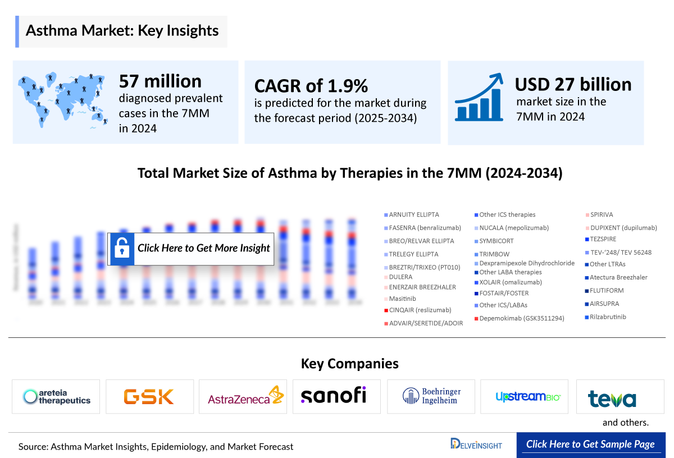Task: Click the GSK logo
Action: click(x=149, y=397)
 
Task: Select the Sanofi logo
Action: click(x=334, y=395)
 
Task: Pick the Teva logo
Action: click(x=612, y=399)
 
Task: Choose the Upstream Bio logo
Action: click(x=529, y=397)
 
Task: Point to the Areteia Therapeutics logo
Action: click(x=57, y=397)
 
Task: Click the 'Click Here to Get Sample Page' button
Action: click(x=590, y=445)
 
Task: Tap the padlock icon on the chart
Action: click(x=121, y=248)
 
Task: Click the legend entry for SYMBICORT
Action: click(x=496, y=241)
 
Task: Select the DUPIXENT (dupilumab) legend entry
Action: click(x=623, y=228)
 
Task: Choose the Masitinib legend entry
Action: click(x=402, y=299)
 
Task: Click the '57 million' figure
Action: click(x=160, y=81)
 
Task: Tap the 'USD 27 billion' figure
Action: click(x=573, y=84)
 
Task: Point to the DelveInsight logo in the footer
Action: click(x=476, y=444)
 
